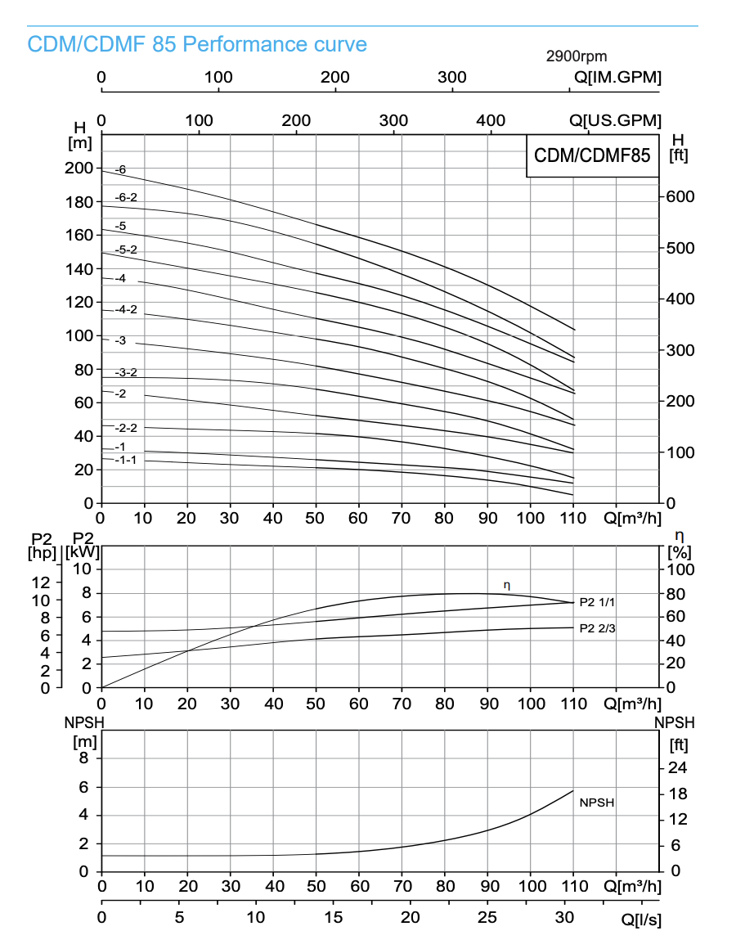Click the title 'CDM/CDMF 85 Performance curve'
click(x=197, y=44)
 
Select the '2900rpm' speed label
click(x=577, y=56)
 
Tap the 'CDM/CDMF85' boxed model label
click(x=592, y=155)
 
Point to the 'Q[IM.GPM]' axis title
click(x=617, y=78)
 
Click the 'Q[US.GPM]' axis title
click(x=615, y=120)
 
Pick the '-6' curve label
click(x=121, y=170)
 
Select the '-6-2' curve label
click(x=126, y=197)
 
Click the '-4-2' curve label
click(x=126, y=309)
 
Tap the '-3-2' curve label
click(x=126, y=373)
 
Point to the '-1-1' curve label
click(x=125, y=460)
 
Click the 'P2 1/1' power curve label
click(x=597, y=602)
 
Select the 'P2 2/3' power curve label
click(x=597, y=628)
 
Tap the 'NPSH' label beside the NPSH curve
click(x=596, y=803)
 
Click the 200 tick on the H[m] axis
click(x=79, y=169)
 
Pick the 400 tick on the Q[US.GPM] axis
click(x=491, y=120)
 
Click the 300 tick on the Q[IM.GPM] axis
click(x=452, y=78)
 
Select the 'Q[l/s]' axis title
click(x=641, y=920)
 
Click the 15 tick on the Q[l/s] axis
click(x=334, y=918)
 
